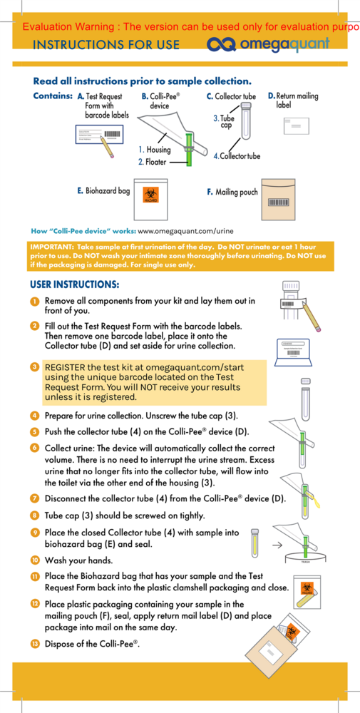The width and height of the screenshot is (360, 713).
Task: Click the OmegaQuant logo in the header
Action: (268, 45)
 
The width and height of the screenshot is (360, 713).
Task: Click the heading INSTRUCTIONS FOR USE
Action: (106, 45)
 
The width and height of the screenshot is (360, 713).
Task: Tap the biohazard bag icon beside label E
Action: (151, 193)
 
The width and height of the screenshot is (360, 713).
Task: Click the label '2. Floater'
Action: (152, 162)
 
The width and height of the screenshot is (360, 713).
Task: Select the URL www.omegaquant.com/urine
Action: (185, 231)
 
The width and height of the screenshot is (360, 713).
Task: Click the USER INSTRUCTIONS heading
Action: (74, 284)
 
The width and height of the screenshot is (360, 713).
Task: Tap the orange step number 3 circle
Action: (34, 366)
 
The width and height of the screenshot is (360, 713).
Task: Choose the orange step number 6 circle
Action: (34, 447)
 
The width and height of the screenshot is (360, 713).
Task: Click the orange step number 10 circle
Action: (34, 560)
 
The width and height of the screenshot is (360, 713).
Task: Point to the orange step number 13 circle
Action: (34, 644)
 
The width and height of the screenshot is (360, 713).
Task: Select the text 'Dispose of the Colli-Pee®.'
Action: (92, 644)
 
